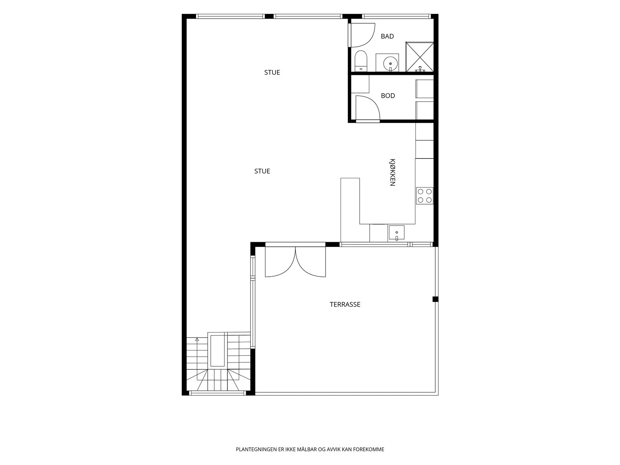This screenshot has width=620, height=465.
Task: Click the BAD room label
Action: point(387,36)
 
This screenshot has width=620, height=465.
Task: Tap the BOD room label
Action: point(388,96)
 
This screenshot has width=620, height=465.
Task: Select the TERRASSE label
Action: point(345,304)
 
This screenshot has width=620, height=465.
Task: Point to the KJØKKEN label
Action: point(392,172)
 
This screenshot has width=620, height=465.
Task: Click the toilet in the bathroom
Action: point(361,61)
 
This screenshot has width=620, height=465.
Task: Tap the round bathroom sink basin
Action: point(390,64)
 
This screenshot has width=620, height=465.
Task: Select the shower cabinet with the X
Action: point(419,57)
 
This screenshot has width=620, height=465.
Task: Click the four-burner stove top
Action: point(425,196)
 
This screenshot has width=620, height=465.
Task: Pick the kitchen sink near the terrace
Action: point(396,232)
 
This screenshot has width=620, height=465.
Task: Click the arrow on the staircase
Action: point(197,340)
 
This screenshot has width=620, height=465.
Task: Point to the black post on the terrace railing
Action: point(436,299)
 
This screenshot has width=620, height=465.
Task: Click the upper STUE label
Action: point(272,72)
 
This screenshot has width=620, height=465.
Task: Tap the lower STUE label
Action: point(262,171)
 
